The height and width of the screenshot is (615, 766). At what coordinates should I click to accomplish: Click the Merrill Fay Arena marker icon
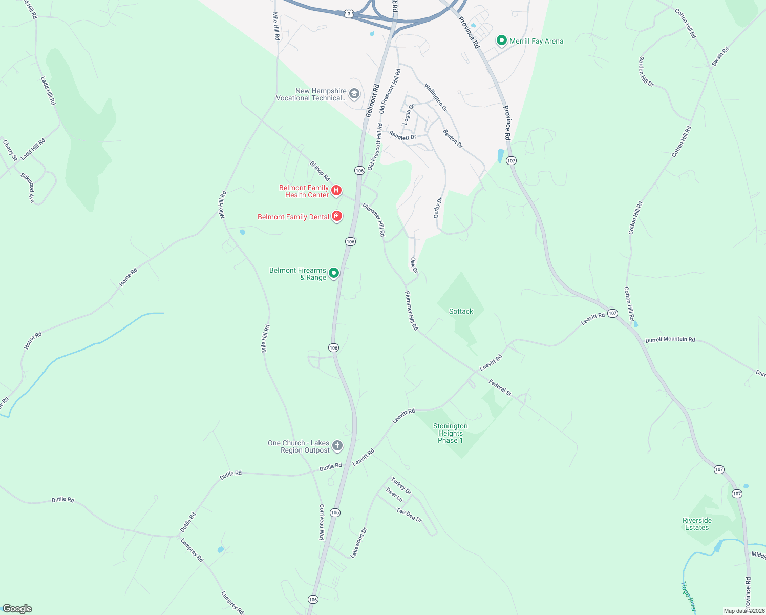click(x=502, y=40)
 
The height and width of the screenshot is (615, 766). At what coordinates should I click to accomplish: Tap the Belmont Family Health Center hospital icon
click(x=336, y=191)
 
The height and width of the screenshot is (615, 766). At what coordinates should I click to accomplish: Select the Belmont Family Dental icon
click(x=337, y=216)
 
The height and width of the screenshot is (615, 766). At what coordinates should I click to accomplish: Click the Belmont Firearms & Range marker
click(x=334, y=273)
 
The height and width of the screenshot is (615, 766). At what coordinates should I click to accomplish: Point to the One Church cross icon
click(x=337, y=445)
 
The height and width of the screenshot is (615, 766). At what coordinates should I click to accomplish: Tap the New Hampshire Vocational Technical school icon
click(x=354, y=94)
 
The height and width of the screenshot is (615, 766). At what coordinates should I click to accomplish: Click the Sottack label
click(x=461, y=311)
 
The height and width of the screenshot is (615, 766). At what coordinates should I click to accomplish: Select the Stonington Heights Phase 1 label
click(x=450, y=433)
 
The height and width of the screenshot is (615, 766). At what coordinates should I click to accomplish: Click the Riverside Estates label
click(x=697, y=524)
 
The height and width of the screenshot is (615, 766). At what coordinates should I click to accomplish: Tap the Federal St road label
click(x=500, y=387)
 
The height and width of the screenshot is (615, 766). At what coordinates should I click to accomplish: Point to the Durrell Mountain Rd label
click(x=670, y=340)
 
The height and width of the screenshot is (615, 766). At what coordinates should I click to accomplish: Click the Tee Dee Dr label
click(x=409, y=515)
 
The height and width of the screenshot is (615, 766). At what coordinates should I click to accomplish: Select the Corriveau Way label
click(x=322, y=522)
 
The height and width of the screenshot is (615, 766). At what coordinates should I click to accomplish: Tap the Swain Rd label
click(x=720, y=56)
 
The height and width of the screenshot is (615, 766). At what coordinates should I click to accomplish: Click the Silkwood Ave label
click(x=28, y=188)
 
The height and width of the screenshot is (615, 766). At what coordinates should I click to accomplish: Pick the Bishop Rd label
click(x=320, y=171)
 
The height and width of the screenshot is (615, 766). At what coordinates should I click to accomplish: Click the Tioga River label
click(x=688, y=596)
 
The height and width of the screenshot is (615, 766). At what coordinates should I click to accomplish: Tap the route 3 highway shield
click(x=349, y=14)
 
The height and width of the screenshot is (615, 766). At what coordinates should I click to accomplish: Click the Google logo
click(x=17, y=609)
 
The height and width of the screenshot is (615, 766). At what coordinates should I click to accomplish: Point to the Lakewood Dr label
click(x=359, y=543)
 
